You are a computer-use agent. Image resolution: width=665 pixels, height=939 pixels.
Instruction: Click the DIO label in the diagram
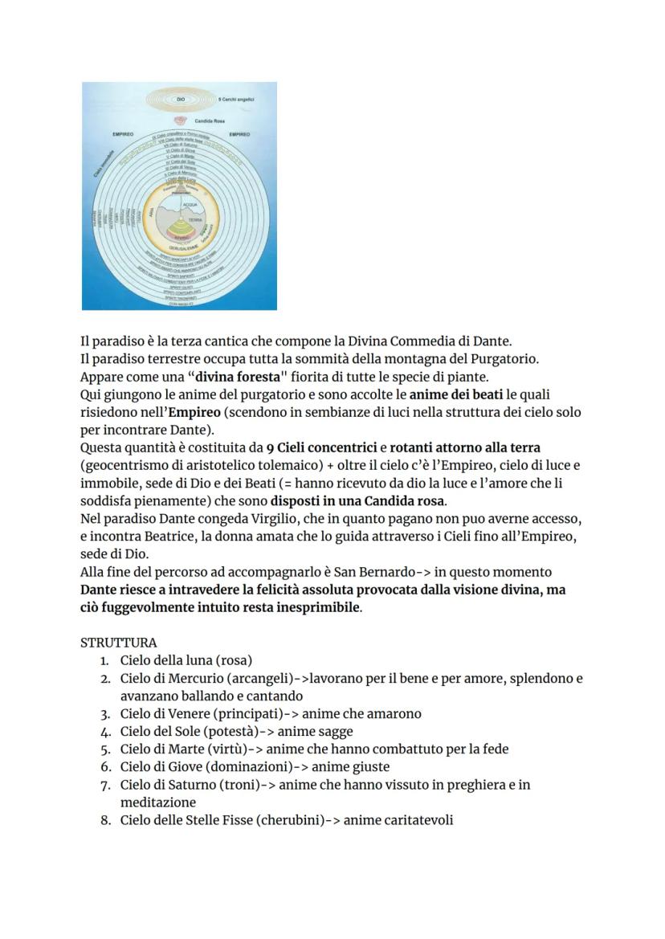tap(169, 99)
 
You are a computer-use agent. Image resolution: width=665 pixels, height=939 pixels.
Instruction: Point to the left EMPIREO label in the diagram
tap(123, 134)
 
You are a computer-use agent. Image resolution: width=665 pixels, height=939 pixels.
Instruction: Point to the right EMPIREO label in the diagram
tap(239, 134)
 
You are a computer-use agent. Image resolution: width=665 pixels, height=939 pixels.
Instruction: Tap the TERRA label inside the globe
tap(194, 219)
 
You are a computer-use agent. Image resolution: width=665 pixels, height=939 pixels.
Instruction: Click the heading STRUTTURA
tap(119, 643)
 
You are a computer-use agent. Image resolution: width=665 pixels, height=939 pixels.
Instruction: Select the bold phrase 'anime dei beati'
tap(456, 394)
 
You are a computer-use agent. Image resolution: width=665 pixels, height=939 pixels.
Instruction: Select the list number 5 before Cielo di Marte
tap(104, 749)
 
